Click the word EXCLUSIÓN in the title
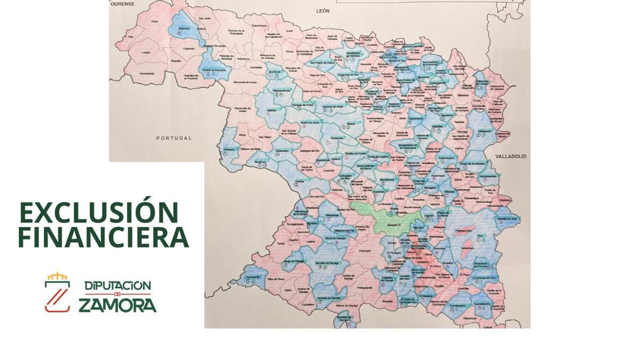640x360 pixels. point(99,213)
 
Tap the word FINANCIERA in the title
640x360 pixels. point(103,237)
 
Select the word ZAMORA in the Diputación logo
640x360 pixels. point(117,305)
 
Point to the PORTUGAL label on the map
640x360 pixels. point(173,138)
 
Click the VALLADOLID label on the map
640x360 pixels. point(510,157)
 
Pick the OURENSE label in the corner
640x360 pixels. point(122,4)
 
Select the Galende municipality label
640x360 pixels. point(184,28)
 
